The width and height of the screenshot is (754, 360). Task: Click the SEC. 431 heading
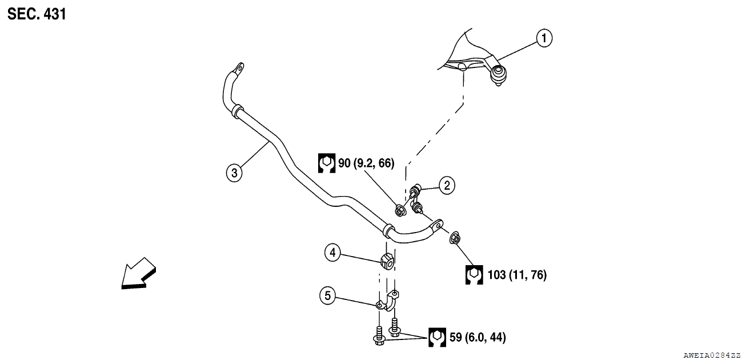tap(37, 14)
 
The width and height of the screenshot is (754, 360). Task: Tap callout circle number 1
tap(544, 38)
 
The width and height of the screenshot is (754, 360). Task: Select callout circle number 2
tap(447, 185)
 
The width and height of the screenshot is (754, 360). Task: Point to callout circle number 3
tap(234, 173)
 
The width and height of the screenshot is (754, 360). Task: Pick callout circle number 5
tap(327, 295)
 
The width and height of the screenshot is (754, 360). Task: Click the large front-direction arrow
tap(138, 273)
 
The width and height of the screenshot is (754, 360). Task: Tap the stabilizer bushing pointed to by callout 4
tap(386, 261)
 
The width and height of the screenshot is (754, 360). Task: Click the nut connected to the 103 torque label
tap(456, 238)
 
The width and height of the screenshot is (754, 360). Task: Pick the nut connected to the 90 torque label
tap(400, 211)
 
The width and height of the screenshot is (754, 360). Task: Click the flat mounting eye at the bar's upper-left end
tap(237, 71)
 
